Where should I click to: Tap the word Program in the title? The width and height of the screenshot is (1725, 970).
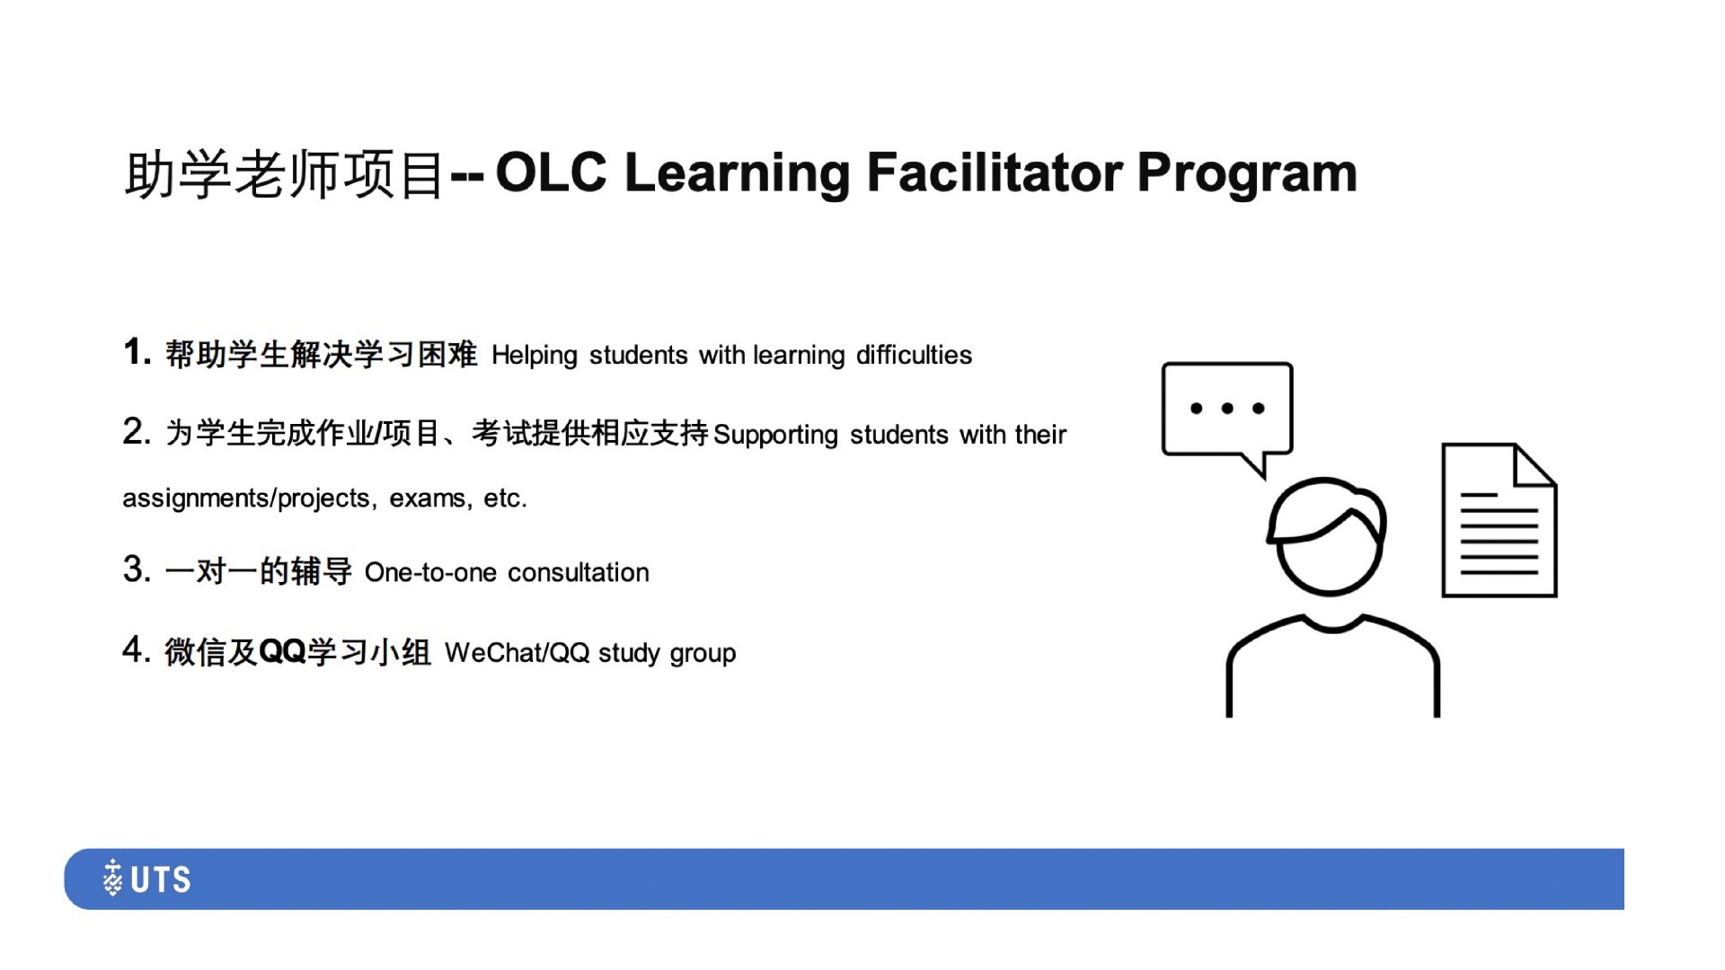point(1247,174)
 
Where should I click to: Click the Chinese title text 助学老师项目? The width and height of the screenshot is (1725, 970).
point(285,174)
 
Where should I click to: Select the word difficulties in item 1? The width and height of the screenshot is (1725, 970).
point(914,355)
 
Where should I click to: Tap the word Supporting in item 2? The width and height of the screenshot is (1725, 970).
point(775,436)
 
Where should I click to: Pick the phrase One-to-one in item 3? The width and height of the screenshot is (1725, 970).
point(430,572)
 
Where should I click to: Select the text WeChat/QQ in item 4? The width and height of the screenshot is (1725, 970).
point(517,653)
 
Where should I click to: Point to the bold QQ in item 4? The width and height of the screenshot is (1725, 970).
point(282,651)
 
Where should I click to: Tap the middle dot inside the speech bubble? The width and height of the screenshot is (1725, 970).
point(1227,409)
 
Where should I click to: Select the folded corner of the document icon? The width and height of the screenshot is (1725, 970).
point(1535,465)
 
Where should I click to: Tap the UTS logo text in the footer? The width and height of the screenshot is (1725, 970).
point(161,879)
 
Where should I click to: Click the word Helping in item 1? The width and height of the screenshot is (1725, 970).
point(535,356)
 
